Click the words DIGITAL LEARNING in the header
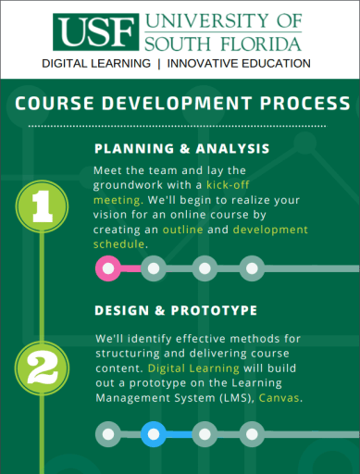tap(96, 63)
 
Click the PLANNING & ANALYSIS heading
tap(182, 148)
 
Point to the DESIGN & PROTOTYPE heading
tap(176, 309)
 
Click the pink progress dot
tap(107, 269)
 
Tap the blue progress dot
tap(155, 432)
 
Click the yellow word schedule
tap(118, 243)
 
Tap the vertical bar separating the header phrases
tap(159, 63)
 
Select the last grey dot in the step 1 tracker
tap(250, 269)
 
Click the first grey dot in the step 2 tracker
tap(108, 432)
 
